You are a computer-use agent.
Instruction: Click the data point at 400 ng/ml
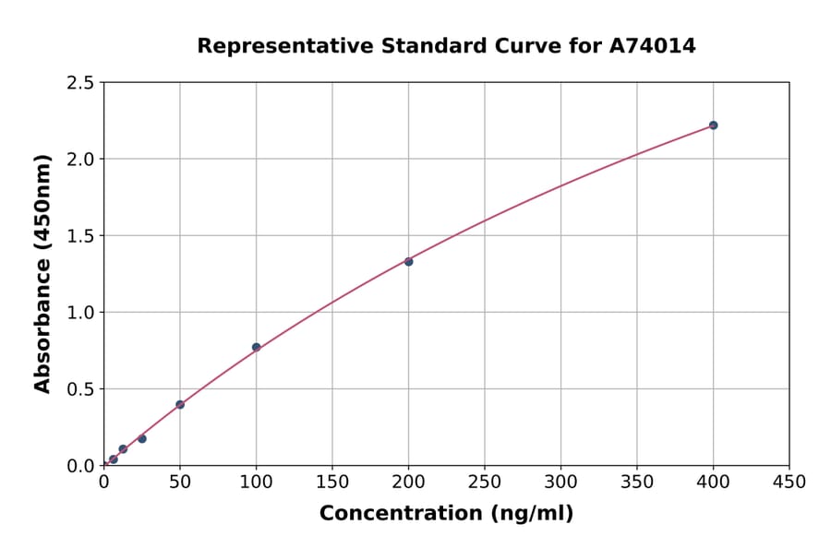point(713,125)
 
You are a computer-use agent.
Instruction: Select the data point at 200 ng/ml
point(408,261)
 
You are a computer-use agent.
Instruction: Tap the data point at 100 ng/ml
point(256,347)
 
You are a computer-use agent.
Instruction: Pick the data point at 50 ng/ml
point(180,404)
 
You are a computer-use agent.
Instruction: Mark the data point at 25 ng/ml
point(141,438)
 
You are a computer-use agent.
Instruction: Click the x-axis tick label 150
point(332,482)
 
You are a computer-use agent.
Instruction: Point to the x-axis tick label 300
point(560,482)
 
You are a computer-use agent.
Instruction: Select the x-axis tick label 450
point(789,482)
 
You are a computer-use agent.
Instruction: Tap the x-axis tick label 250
point(485,482)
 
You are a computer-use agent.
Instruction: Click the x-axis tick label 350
point(637,482)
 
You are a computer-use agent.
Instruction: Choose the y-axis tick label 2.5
point(81,83)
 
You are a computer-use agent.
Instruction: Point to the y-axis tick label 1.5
point(81,236)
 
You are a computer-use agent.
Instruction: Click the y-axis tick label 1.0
point(81,313)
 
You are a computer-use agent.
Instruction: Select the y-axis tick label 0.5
point(81,389)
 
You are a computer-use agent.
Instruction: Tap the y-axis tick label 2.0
point(81,160)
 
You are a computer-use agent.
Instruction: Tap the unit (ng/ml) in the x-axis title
point(531,514)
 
